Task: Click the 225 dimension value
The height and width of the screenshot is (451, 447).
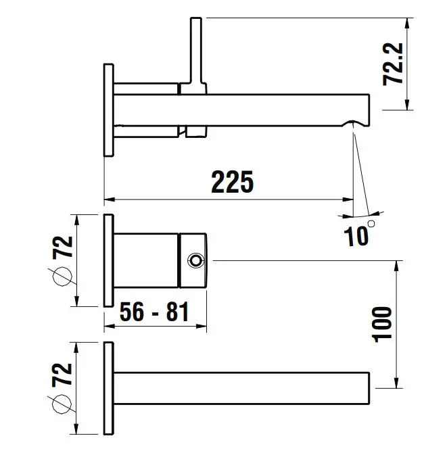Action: [x=233, y=182]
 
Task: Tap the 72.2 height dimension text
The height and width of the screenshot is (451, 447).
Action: [x=393, y=64]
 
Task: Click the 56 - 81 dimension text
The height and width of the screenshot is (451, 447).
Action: [x=154, y=312]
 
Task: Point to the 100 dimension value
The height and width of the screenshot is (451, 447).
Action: [x=382, y=325]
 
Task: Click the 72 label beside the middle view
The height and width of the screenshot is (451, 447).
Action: [x=62, y=247]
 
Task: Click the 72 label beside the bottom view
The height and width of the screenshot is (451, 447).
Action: [x=62, y=374]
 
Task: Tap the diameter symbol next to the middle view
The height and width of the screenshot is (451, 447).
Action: [x=62, y=277]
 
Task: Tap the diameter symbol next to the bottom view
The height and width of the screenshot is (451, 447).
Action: [x=62, y=404]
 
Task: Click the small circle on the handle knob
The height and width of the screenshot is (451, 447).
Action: [x=195, y=261]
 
